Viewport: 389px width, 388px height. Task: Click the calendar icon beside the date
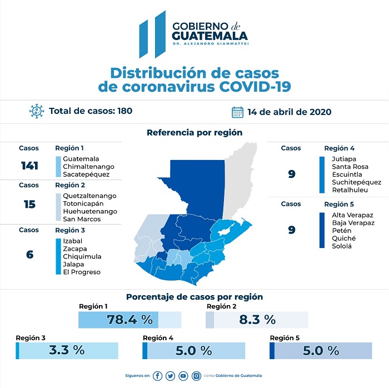[x=237, y=112]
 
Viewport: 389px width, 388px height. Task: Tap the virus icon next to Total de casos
[x=37, y=111]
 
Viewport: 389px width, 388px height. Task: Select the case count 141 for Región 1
[x=29, y=166]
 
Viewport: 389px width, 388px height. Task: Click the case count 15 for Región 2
[x=29, y=204]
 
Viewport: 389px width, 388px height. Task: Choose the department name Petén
[x=341, y=230]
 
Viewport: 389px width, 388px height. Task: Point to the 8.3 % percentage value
[x=257, y=320]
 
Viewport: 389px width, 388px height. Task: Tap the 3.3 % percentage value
[x=67, y=350]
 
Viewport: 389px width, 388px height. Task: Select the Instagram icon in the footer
[x=196, y=376]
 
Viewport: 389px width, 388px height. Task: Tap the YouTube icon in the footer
[x=183, y=376]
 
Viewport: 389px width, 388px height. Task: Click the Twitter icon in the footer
[x=170, y=376]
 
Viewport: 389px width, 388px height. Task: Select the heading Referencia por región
[x=194, y=133]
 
